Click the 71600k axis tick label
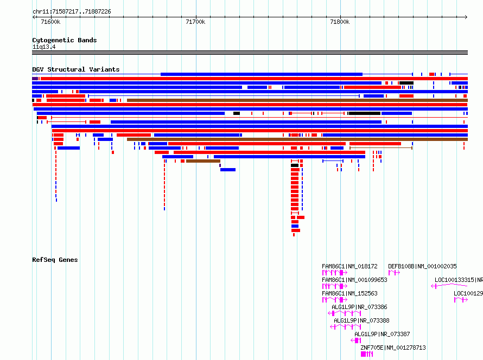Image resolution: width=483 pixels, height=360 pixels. point(50,22)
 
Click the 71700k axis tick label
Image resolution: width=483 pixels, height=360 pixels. point(195,22)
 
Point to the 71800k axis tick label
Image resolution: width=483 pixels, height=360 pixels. point(340,22)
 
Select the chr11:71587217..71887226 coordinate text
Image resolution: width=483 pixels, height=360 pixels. point(72,12)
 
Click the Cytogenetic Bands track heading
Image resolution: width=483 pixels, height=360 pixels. point(65,40)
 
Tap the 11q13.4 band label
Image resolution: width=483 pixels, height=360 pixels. point(44,47)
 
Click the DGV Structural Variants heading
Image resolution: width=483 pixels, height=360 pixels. point(76,69)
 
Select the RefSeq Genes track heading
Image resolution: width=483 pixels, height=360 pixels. point(55,260)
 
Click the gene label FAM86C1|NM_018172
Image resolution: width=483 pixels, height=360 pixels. point(349,266)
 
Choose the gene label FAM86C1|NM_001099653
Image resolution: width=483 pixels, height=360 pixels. point(354,280)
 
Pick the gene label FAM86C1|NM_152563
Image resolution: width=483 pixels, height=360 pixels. point(349,293)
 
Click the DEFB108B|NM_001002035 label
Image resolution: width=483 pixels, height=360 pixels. point(422,266)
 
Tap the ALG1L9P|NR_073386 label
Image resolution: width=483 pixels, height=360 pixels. point(359,307)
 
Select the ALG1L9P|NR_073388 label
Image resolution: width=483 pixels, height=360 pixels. point(361,320)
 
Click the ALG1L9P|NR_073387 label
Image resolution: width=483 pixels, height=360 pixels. point(382,334)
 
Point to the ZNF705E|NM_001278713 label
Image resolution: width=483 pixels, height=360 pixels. point(393,348)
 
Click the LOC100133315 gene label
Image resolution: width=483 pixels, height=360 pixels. point(454,280)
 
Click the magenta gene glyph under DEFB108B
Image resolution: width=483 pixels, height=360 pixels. point(394,273)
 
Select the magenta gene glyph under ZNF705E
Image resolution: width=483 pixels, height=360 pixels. point(367,354)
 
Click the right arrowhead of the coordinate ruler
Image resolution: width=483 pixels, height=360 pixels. point(466,17)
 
